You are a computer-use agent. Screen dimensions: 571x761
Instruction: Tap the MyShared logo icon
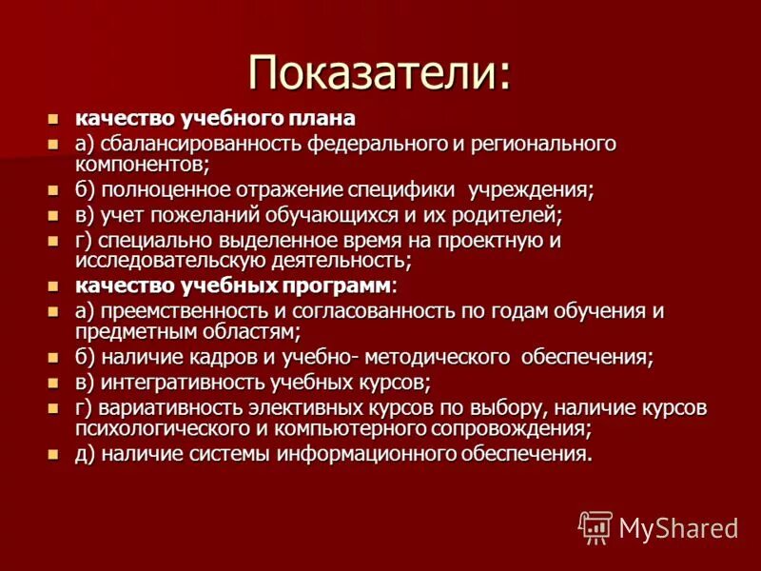click(x=595, y=526)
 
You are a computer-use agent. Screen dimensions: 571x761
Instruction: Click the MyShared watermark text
click(x=678, y=528)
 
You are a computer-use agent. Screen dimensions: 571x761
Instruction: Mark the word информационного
click(x=394, y=453)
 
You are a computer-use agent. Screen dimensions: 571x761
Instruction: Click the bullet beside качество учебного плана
click(x=52, y=120)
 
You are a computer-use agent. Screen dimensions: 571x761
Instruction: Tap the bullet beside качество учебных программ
click(x=52, y=286)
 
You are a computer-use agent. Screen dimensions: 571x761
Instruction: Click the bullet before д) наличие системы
click(x=52, y=455)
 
